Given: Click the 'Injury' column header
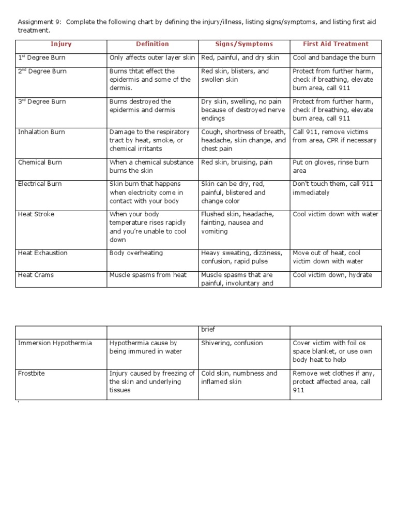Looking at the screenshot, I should [x=61, y=45].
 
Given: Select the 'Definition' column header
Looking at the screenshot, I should [x=152, y=45].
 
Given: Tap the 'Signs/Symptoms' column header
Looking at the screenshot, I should [x=244, y=45].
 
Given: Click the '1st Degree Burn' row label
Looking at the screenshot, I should [x=42, y=58].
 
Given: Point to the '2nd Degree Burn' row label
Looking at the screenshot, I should [x=42, y=71].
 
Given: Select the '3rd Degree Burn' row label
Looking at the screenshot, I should [x=42, y=102].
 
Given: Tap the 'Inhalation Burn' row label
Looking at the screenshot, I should [x=41, y=132].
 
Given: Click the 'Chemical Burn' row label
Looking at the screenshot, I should [x=40, y=163].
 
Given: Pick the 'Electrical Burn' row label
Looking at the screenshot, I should [x=40, y=184].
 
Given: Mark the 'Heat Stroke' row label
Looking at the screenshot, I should [x=36, y=214].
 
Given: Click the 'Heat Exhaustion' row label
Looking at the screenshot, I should [x=42, y=253].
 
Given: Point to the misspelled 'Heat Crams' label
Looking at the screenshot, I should [x=36, y=275].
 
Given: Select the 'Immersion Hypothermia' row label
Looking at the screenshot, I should [x=55, y=343].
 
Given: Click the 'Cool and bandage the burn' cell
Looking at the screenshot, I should [x=334, y=58].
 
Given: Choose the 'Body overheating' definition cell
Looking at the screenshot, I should [x=136, y=253].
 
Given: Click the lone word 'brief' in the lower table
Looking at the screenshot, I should [x=208, y=329].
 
